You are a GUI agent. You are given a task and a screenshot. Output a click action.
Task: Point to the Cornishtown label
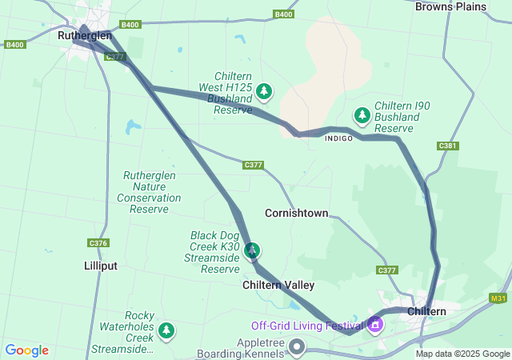pyautogui.click(x=296, y=214)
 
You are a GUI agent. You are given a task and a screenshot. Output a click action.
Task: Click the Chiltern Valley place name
pyautogui.click(x=278, y=285)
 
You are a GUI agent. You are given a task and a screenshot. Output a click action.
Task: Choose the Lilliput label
pyautogui.click(x=100, y=265)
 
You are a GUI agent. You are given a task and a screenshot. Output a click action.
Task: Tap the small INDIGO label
pyautogui.click(x=338, y=138)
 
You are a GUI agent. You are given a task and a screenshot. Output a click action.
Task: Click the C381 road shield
pyautogui.click(x=448, y=146)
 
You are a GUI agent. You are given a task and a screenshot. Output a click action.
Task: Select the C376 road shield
pyautogui.click(x=98, y=243)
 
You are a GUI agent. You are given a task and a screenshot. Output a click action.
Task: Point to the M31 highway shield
pyautogui.click(x=499, y=298)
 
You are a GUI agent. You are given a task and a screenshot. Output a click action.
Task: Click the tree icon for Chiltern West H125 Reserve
pyautogui.click(x=263, y=93)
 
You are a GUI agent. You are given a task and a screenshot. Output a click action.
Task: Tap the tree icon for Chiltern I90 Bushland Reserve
pyautogui.click(x=362, y=116)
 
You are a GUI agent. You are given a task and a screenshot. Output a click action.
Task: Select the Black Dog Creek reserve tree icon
pyautogui.click(x=252, y=251)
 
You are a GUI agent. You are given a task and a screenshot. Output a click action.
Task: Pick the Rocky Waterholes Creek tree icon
pyautogui.click(x=166, y=330)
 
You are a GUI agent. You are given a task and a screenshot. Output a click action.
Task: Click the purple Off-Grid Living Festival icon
pyautogui.click(x=375, y=325)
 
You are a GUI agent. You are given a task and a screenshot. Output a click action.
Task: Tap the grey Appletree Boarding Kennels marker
pyautogui.click(x=298, y=346)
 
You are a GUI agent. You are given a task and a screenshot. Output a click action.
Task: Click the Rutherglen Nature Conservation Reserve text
pyautogui.click(x=149, y=192)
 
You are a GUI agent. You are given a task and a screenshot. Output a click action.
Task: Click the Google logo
pyautogui.click(x=26, y=350)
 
